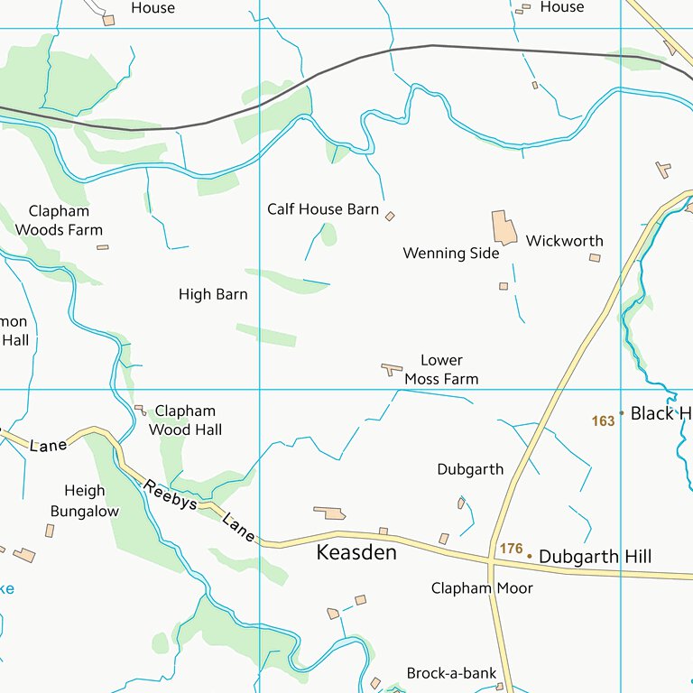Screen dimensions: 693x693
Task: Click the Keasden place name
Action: click(x=356, y=552)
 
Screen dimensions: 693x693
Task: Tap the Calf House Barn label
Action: click(x=323, y=209)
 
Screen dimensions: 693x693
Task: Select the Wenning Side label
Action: click(x=450, y=254)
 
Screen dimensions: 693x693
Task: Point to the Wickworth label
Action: click(x=564, y=241)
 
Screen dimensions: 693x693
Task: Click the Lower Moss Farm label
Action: click(x=441, y=370)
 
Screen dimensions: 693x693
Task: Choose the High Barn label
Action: click(x=213, y=294)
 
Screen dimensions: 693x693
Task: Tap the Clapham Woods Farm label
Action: click(x=59, y=220)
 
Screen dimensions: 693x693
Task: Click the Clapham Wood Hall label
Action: click(x=185, y=420)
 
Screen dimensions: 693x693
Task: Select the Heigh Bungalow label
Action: click(x=84, y=501)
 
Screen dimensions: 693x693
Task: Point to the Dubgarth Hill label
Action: click(x=595, y=557)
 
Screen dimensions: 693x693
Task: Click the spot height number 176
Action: click(x=511, y=549)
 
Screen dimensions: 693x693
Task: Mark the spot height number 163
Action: click(x=603, y=420)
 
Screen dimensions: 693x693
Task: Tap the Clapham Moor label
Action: click(x=482, y=588)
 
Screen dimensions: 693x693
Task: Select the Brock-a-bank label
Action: click(x=451, y=673)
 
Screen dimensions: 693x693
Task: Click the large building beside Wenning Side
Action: click(x=504, y=227)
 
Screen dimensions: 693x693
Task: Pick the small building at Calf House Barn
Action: click(x=390, y=217)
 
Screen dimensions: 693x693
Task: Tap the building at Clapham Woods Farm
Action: click(x=103, y=247)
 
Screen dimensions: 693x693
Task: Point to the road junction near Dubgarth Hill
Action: click(x=491, y=563)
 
